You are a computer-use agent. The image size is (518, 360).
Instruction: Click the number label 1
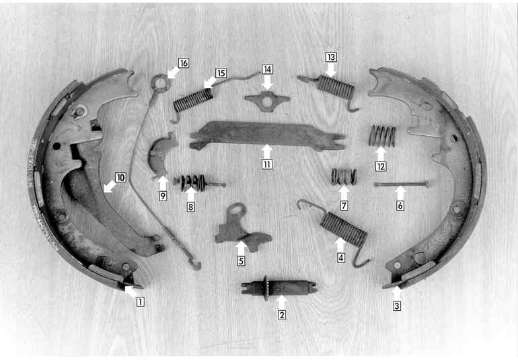pos(141,301)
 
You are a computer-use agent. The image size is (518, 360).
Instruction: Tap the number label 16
pos(184,63)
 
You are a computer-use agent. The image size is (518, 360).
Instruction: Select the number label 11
pos(267,164)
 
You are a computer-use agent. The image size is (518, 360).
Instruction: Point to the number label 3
pos(397,305)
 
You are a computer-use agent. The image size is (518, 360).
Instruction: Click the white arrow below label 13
pos(331,70)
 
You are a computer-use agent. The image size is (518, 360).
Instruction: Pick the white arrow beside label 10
pos(110,187)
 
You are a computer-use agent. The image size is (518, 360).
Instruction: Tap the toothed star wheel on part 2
pos(266,288)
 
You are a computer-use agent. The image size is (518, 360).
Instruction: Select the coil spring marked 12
pos(382,136)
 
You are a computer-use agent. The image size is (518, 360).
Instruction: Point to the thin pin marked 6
pos(402,184)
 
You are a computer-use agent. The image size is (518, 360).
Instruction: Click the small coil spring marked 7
pos(344,176)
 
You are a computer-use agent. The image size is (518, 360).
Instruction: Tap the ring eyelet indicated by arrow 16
pos(160,82)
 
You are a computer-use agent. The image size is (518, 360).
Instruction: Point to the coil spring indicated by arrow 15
pos(193,100)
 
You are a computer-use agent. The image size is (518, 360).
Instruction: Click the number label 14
pos(267,69)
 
